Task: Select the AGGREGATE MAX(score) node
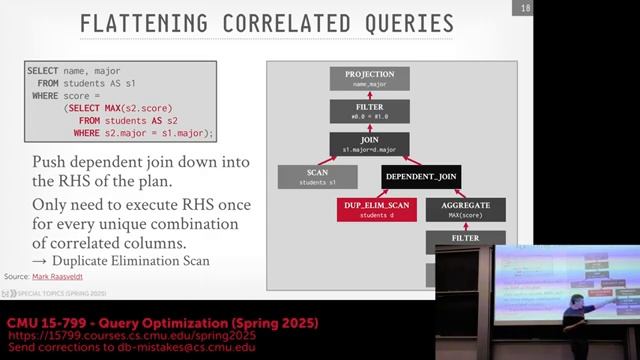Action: point(466,210)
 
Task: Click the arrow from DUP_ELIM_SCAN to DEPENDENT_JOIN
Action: point(392,194)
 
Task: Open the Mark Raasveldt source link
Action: point(60,275)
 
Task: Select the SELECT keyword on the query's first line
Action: point(43,71)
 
